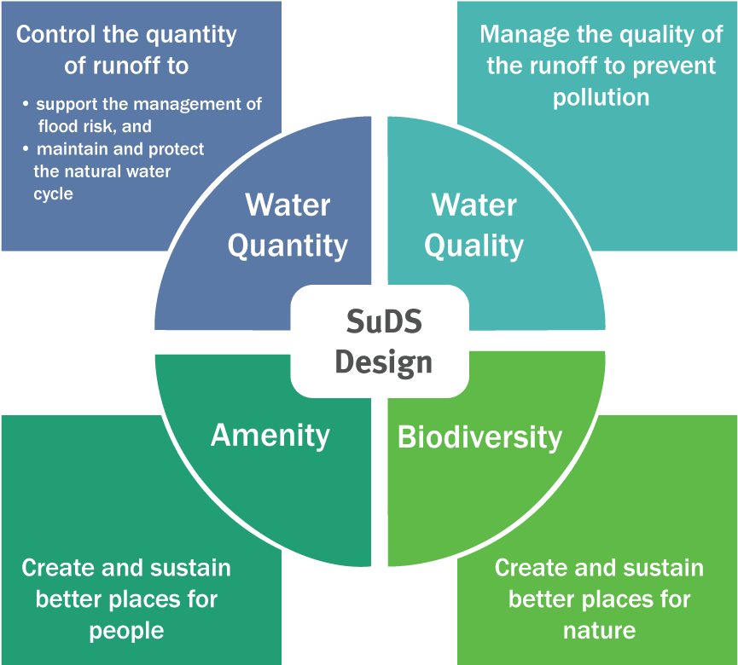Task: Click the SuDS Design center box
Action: click(x=380, y=342)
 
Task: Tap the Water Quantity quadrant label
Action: click(x=288, y=225)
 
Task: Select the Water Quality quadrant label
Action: click(x=474, y=225)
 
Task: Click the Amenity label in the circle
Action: click(x=270, y=435)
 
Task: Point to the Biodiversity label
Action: click(x=479, y=437)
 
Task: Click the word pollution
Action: click(x=601, y=97)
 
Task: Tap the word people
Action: click(x=126, y=630)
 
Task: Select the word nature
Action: click(x=599, y=630)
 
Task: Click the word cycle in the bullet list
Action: click(x=53, y=194)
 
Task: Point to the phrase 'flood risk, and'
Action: click(x=94, y=126)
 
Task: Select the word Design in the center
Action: click(x=383, y=361)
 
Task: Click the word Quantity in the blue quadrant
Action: click(x=288, y=246)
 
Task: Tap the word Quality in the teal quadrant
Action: click(x=474, y=246)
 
